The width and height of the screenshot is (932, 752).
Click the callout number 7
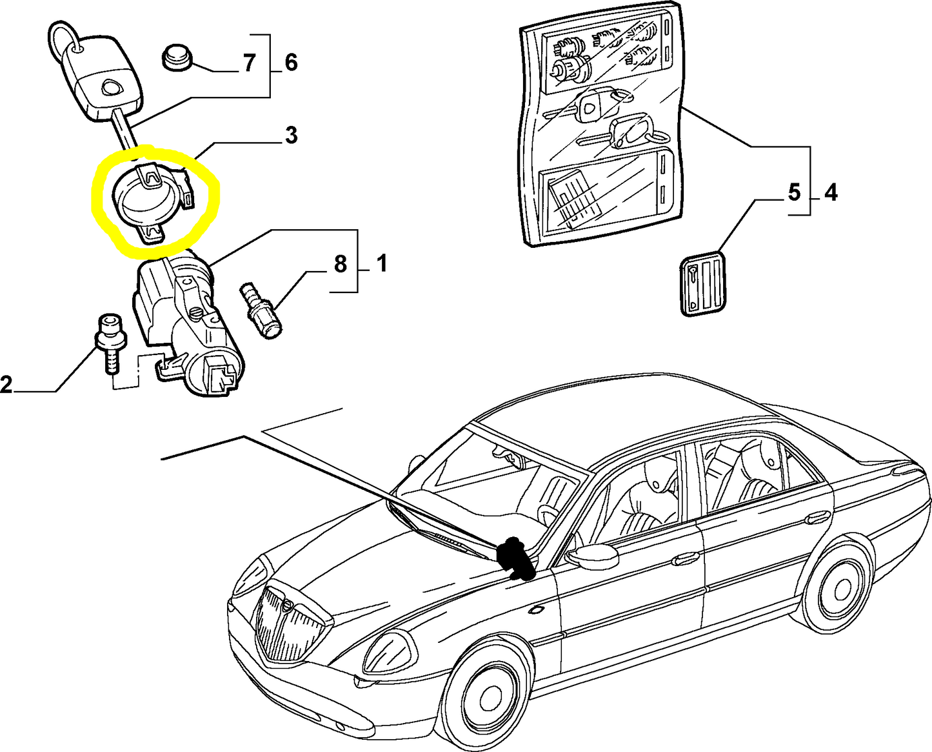(x=249, y=63)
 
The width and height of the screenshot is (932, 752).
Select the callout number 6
(x=290, y=63)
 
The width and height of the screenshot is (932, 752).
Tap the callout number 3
(x=291, y=136)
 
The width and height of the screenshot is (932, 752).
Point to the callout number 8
(x=340, y=264)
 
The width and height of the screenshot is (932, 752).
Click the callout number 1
(x=381, y=264)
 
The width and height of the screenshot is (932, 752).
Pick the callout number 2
(x=6, y=385)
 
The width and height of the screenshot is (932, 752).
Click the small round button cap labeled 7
(x=176, y=57)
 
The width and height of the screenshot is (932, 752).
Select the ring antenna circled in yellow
(x=153, y=198)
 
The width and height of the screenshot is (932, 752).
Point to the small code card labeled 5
(x=704, y=282)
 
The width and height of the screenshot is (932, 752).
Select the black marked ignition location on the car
(x=515, y=557)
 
